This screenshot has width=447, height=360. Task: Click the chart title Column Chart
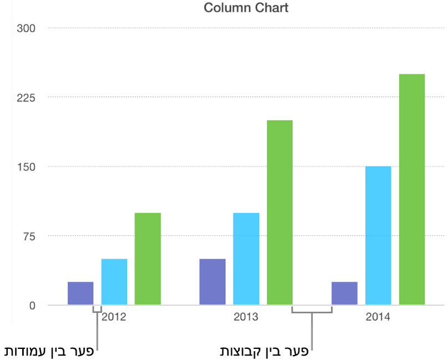click(x=246, y=8)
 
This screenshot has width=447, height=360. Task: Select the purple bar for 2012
click(x=80, y=293)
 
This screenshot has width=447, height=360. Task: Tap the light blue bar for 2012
click(x=114, y=282)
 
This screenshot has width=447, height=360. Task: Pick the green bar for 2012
click(x=148, y=259)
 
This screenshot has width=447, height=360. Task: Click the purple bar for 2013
click(x=212, y=282)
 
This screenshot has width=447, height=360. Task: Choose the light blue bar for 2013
click(x=246, y=259)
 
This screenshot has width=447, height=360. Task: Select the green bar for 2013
click(x=280, y=212)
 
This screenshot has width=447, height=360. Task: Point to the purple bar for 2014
click(x=344, y=293)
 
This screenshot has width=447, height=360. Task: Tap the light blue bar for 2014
click(x=378, y=236)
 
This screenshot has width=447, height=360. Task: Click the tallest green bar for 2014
click(x=412, y=189)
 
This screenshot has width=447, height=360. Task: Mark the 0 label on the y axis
click(x=32, y=306)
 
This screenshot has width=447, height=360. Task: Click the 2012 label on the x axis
click(x=114, y=318)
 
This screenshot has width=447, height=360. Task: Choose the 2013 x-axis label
click(x=246, y=318)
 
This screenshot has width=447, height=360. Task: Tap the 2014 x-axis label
click(x=378, y=318)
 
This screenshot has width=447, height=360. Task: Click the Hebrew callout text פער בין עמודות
click(x=48, y=351)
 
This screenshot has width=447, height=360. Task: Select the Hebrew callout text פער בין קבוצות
click(x=263, y=351)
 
